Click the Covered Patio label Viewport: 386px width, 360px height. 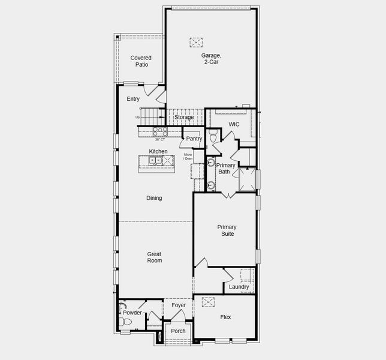141,61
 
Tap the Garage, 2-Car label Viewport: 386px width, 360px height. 210,58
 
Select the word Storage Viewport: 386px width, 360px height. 184,117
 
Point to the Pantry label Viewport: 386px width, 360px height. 194,139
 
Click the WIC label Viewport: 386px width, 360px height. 234,125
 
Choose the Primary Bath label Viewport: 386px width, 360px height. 226,169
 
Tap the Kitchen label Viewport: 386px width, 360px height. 158,151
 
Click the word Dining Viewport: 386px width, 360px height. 154,198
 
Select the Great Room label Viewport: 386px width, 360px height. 155,257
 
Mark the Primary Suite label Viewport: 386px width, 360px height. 227,230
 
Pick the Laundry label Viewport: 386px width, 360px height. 239,287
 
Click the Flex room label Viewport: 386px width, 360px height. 225,317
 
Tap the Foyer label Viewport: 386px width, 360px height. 179,305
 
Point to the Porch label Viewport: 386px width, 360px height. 178,331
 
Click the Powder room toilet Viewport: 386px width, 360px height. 126,322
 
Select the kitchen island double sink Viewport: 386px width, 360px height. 152,160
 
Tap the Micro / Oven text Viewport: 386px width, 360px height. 188,157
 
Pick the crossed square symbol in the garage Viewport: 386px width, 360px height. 196,42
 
